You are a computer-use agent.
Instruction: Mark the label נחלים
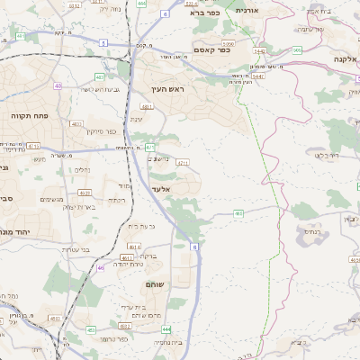(81, 168)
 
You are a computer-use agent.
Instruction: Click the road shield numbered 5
(103, 42)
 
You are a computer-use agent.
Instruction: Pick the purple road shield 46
(101, 267)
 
